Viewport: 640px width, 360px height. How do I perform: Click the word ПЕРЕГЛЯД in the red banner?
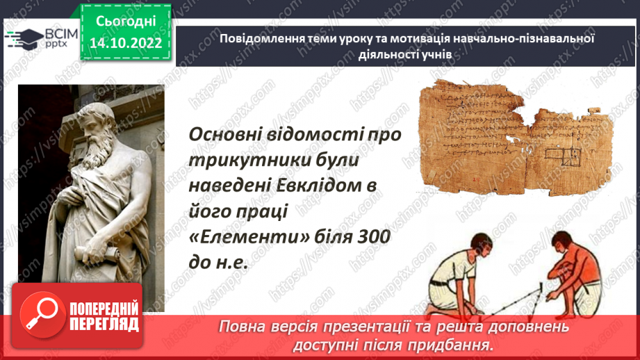[105, 323]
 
